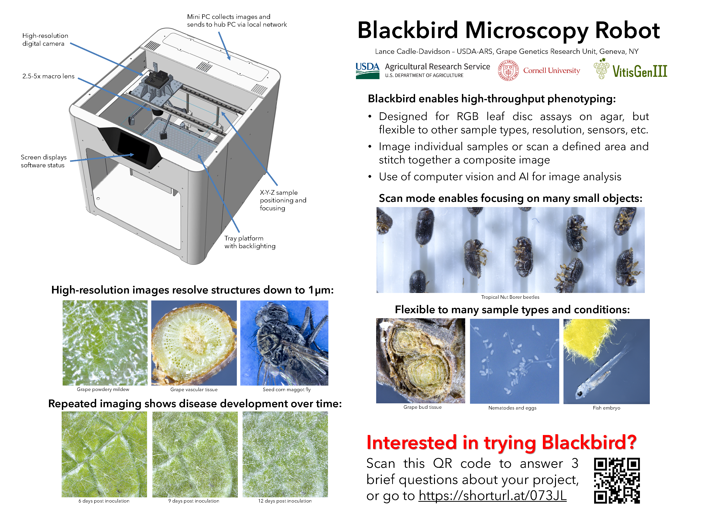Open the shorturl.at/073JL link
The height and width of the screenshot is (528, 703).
pos(492,496)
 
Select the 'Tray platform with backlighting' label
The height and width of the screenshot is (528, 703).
pos(250,242)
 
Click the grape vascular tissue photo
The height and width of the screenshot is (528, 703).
pos(194,343)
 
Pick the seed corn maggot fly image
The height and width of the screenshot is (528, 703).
pos(284,343)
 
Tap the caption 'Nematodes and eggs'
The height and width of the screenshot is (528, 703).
pos(512,408)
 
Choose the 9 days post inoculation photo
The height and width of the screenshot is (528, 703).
pos(195,454)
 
